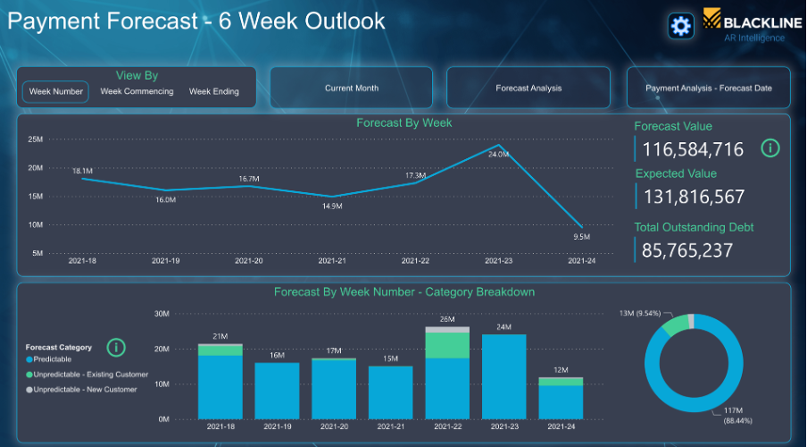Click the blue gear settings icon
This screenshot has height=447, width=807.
coord(681,26)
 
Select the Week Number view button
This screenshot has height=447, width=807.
coord(55,92)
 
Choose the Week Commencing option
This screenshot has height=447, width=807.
coord(137,91)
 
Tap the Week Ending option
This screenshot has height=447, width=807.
coord(214,91)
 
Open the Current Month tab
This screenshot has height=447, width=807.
coord(352,88)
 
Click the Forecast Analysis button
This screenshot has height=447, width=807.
coord(528,88)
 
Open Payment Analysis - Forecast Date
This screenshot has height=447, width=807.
coord(709,88)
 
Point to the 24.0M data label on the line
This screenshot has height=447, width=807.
coord(498,154)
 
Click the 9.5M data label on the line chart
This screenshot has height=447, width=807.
coord(581,237)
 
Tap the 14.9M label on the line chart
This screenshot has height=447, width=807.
coord(332,206)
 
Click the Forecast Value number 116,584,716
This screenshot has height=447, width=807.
coord(693,149)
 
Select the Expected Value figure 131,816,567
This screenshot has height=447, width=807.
coord(695,197)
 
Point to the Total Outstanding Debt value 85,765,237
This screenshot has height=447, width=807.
coord(687,250)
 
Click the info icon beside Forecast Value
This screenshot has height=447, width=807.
coord(770,148)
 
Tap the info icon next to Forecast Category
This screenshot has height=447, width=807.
coord(116,348)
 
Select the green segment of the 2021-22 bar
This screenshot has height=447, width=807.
coord(448,345)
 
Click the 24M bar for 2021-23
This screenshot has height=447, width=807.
coord(504,376)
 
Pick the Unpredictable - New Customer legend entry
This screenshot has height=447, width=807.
coord(81,389)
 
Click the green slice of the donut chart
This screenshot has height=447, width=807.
coord(675,325)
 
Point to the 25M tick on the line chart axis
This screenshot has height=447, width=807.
coord(36,139)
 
